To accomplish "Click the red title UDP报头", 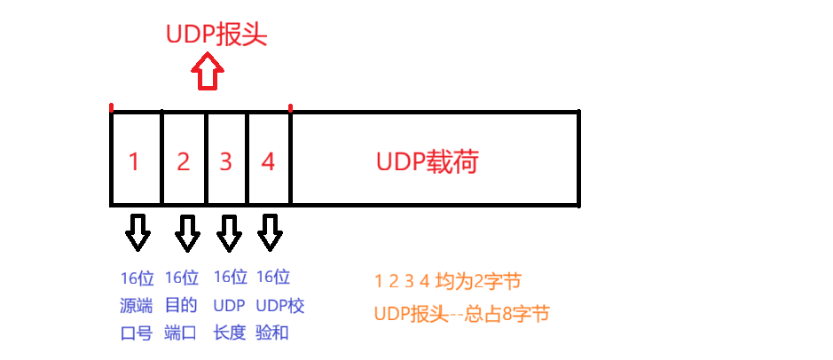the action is click(x=216, y=35).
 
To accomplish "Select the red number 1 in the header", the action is click(x=134, y=161).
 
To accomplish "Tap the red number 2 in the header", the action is click(x=184, y=161).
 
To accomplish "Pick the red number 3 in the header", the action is click(x=226, y=161).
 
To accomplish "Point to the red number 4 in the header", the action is click(x=269, y=161).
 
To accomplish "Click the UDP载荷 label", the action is click(x=428, y=162).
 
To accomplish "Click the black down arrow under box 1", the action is click(x=138, y=232).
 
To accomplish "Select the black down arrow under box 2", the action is click(x=187, y=232).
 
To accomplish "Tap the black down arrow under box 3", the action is click(x=230, y=232).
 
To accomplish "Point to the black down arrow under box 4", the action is click(x=271, y=232).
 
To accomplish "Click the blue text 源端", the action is click(x=137, y=306).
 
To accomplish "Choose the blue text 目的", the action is click(x=181, y=306).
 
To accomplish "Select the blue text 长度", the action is click(x=231, y=334).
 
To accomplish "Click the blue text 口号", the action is click(x=137, y=334).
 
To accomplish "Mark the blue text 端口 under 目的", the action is click(x=181, y=334).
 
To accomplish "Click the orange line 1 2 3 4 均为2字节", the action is click(x=447, y=282).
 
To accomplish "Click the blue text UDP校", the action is click(x=280, y=306).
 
